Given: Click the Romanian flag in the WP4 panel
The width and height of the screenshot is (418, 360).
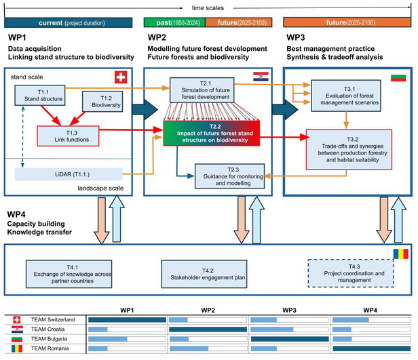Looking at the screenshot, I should [398, 254].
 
